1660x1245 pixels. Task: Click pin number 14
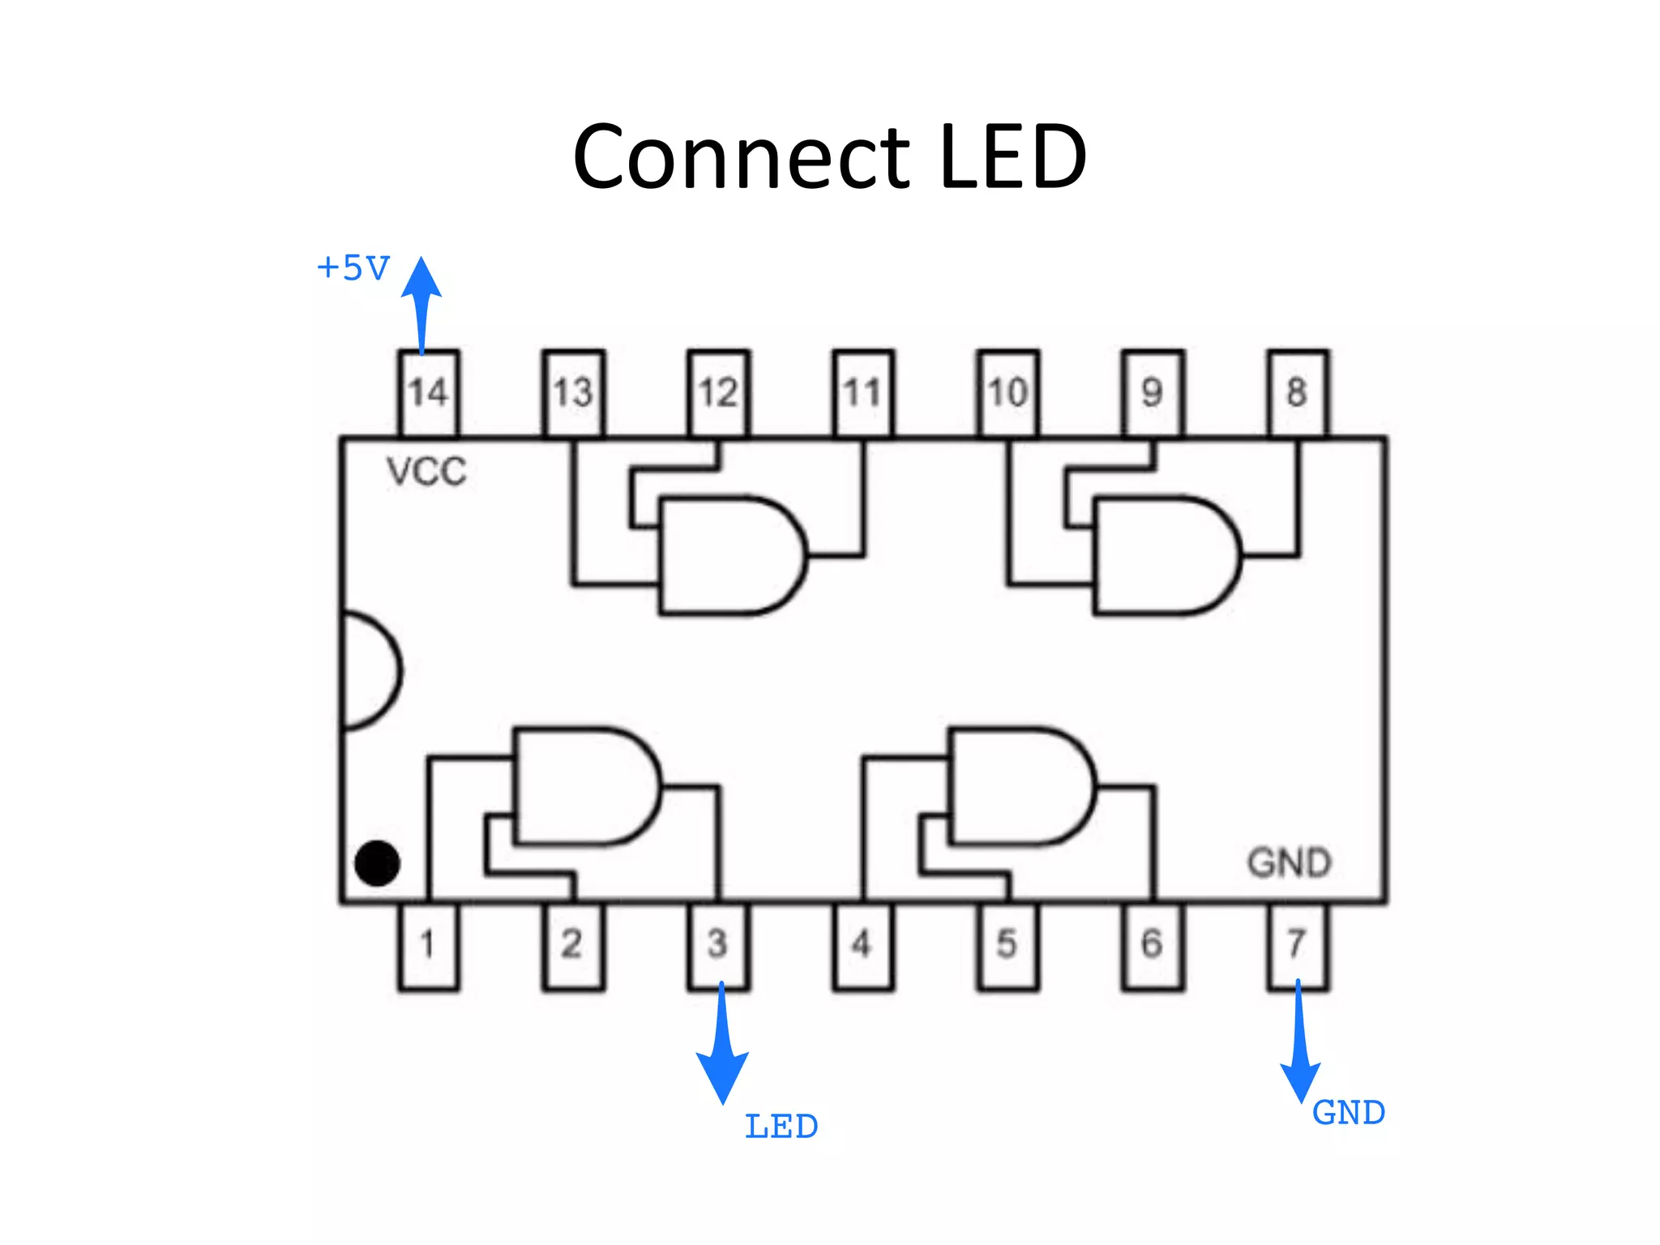point(428,394)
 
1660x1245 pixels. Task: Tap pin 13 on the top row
point(573,394)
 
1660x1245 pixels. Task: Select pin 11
point(862,394)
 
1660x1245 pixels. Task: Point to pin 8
point(1297,394)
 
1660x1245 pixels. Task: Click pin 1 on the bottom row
point(428,945)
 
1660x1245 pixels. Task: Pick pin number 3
point(718,945)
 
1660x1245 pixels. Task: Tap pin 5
point(1008,945)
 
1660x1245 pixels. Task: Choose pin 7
point(1297,945)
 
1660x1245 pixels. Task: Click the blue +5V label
point(353,268)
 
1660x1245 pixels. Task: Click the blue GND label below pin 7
point(1349,1113)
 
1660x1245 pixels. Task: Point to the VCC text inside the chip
point(426,472)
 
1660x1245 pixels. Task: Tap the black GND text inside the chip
point(1289,862)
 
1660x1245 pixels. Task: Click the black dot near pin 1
point(377,862)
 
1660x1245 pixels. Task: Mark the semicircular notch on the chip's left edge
point(369,671)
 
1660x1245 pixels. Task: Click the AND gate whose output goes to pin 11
point(729,556)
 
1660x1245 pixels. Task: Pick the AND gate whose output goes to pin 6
point(1017,786)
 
